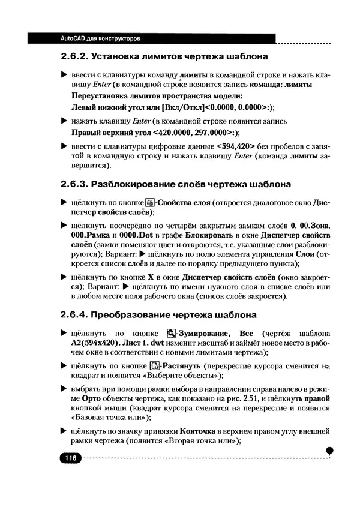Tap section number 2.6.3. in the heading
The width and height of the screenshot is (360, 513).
click(76, 184)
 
